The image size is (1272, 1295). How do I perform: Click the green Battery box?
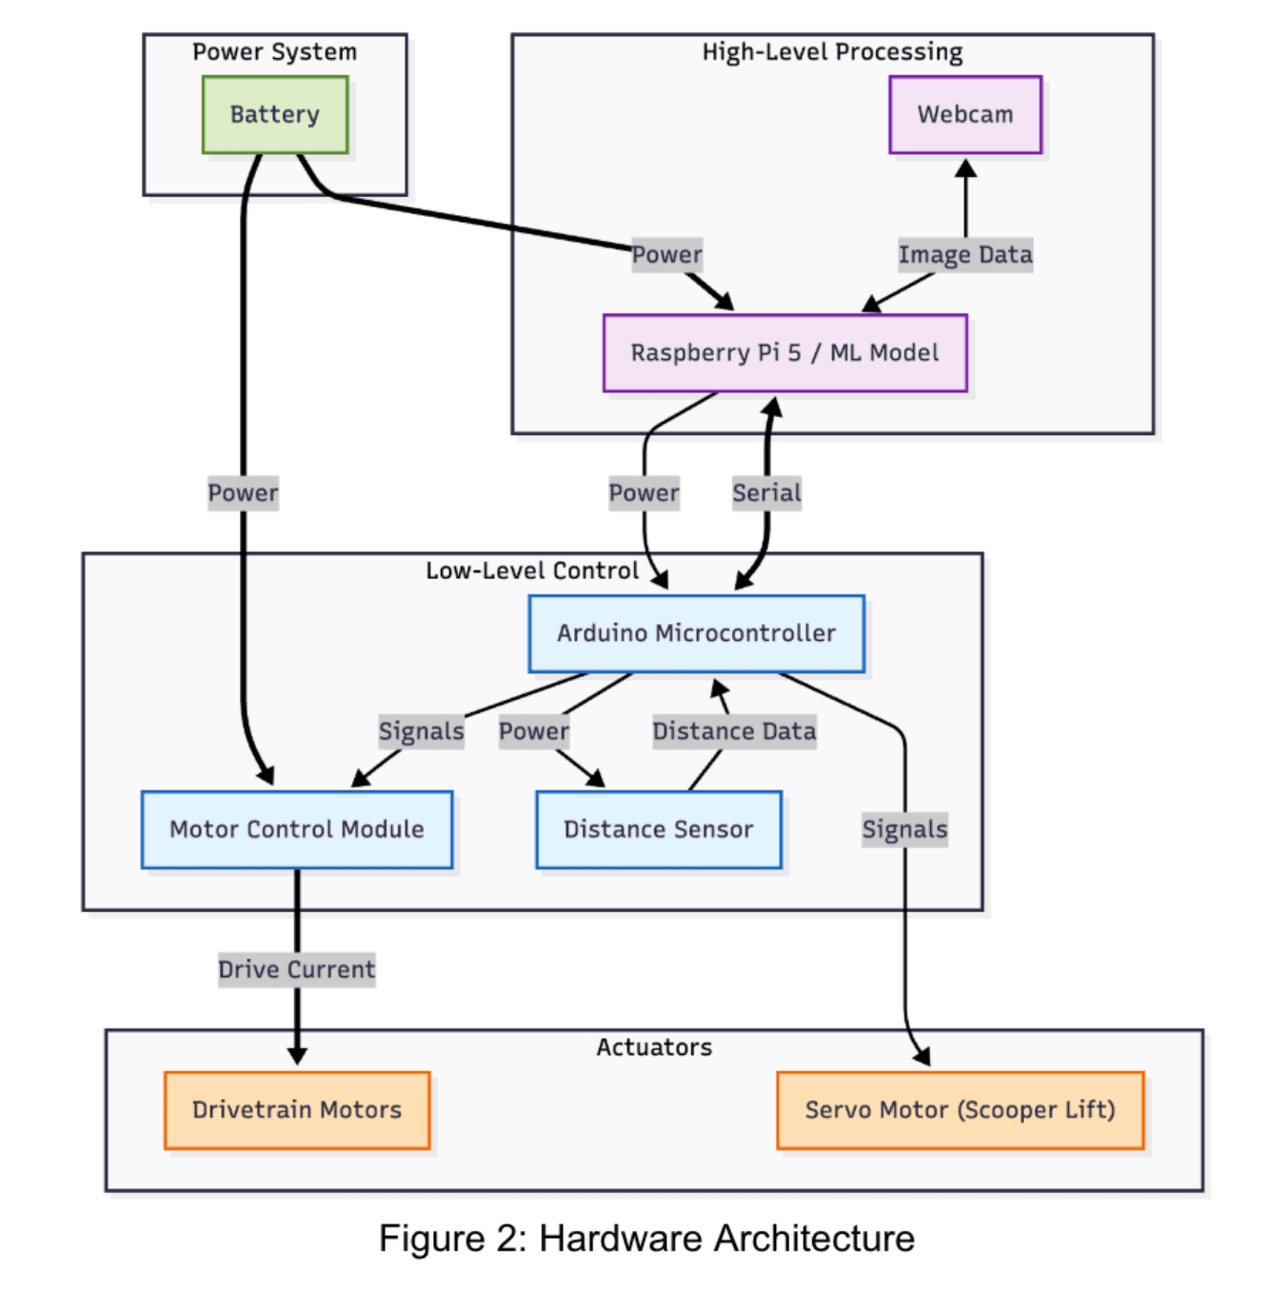tap(274, 114)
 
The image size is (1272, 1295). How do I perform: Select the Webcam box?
tap(964, 114)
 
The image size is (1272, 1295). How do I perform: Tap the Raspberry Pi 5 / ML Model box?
tap(785, 352)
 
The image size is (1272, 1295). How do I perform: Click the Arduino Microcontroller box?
tap(696, 633)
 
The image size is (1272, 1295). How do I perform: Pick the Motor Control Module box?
tap(296, 829)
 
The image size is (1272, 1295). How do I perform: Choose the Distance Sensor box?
tap(658, 829)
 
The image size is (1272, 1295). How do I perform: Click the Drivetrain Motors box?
tap(296, 1109)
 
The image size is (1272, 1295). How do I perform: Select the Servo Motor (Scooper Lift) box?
tap(960, 1109)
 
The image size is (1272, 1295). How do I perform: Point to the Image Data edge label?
tap(964, 254)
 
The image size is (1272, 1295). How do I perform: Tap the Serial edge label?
tap(766, 492)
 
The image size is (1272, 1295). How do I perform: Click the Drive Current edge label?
tap(296, 969)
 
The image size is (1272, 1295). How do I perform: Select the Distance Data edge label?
tap(734, 731)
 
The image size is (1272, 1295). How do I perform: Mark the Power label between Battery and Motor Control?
tap(243, 492)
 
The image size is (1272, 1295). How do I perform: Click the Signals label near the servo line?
tap(904, 829)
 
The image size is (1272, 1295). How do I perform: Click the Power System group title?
tap(274, 51)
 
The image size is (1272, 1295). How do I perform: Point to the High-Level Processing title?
tap(832, 51)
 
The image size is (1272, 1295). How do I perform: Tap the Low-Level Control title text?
tap(531, 570)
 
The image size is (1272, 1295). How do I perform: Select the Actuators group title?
tap(654, 1046)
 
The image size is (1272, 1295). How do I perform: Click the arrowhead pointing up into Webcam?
tap(965, 169)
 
